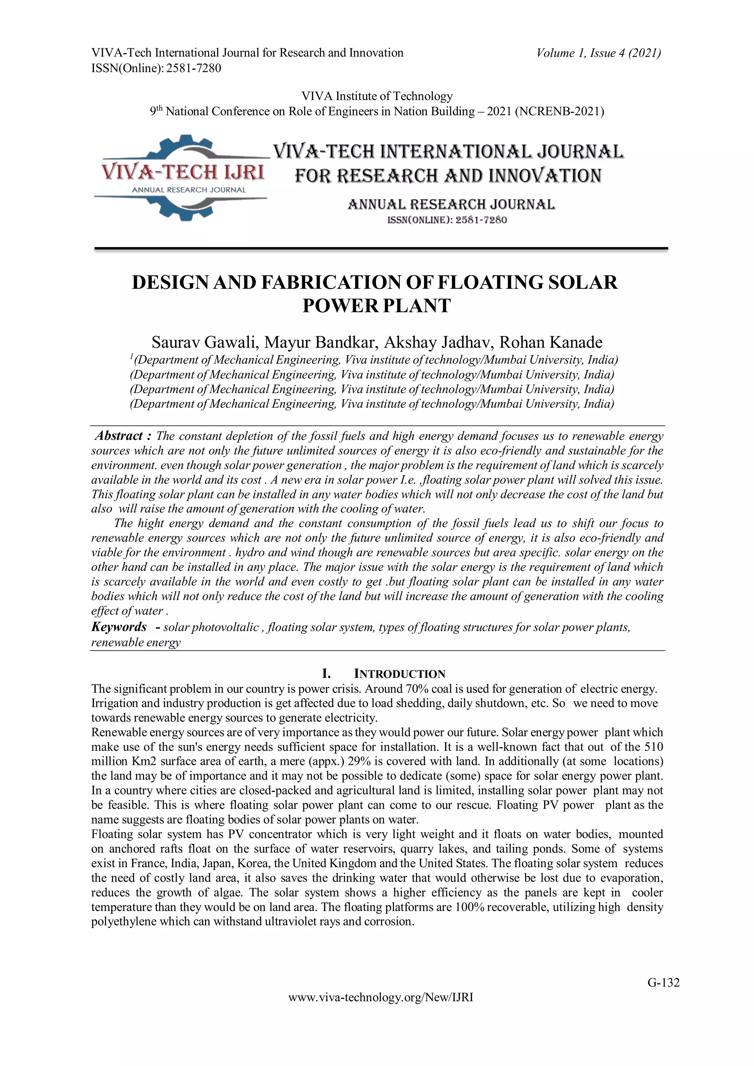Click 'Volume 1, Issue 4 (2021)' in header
(599, 53)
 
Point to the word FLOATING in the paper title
(491, 282)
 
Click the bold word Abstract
(119, 436)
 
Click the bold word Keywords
(119, 627)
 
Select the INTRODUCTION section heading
(399, 674)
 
